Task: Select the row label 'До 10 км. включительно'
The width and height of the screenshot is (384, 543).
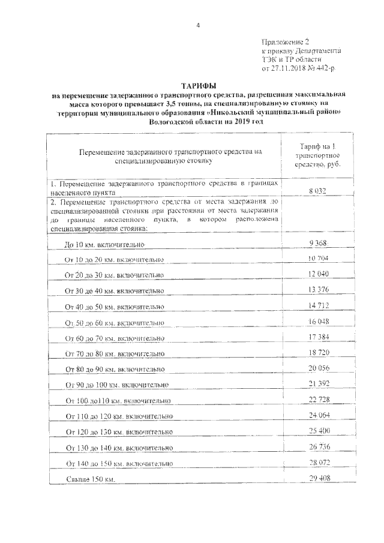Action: click(x=104, y=245)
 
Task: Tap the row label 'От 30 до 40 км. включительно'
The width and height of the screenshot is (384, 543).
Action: click(x=114, y=291)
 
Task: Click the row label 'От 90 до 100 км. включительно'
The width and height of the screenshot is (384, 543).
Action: click(x=116, y=385)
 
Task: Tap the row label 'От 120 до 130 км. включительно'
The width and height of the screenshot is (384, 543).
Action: click(x=118, y=431)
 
